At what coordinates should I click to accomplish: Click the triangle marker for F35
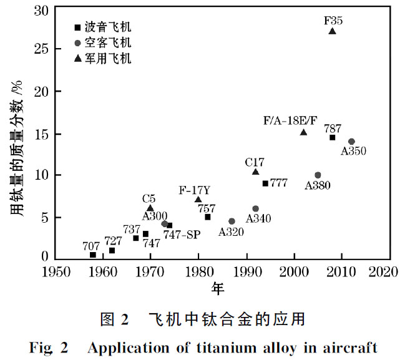point(332,31)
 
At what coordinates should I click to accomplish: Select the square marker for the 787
point(332,137)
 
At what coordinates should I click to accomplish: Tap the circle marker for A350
point(351,142)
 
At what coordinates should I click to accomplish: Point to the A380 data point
point(318,175)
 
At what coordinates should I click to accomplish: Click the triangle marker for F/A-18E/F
point(303,132)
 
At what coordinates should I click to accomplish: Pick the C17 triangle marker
point(255,172)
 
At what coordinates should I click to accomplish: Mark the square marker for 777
point(265,183)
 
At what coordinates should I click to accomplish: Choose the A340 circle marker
point(255,209)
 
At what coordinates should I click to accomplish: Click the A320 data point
point(232,221)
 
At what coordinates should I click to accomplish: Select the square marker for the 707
point(93,255)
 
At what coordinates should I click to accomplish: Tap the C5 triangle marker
point(150,208)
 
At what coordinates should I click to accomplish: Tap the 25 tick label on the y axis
point(39,48)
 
